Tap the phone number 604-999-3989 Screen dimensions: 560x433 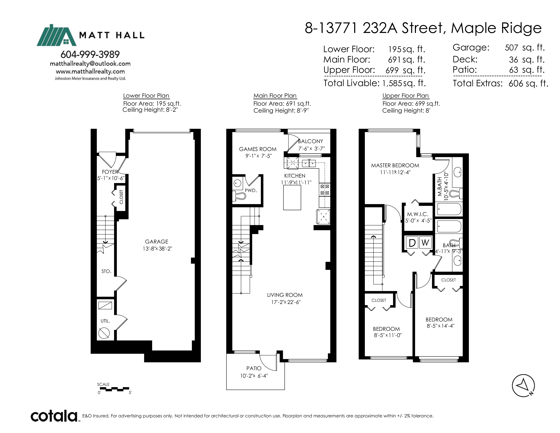[x=90, y=54]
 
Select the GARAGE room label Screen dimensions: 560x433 [x=157, y=242]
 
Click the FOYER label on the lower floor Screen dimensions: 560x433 [x=110, y=172]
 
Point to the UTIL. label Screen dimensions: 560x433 [x=105, y=321]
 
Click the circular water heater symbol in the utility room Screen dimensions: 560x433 [x=104, y=333]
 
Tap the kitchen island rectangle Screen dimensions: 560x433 [x=292, y=197]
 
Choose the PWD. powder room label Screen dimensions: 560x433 [x=251, y=191]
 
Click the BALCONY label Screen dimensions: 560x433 [x=311, y=141]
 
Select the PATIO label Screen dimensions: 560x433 [x=254, y=368]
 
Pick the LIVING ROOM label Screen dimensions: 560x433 [x=285, y=295]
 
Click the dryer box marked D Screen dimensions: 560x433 [x=412, y=243]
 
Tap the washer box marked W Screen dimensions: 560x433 [x=425, y=243]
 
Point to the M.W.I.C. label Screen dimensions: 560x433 [x=417, y=214]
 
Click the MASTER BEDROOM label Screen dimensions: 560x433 [x=395, y=165]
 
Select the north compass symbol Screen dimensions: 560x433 [x=523, y=386]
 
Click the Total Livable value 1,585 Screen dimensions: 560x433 [x=392, y=83]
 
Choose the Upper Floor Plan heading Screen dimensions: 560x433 [x=406, y=96]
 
